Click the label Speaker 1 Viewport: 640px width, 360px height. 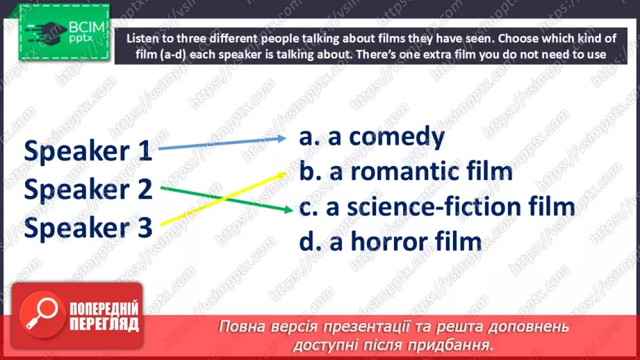coord(88,151)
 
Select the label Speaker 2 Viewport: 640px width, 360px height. coord(88,189)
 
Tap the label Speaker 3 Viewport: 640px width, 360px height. coord(88,227)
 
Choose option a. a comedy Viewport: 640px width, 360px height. coord(372,137)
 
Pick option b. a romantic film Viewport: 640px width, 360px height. coord(406,172)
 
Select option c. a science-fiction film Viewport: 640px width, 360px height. coord(437,206)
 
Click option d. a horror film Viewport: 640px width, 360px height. coord(391,242)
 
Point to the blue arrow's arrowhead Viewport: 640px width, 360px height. coord(281,138)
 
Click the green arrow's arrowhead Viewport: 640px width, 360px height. coord(288,210)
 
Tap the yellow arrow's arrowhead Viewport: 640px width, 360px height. coord(281,174)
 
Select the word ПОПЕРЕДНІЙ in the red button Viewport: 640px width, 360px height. coord(104,309)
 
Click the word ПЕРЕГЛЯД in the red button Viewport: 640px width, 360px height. coord(104,324)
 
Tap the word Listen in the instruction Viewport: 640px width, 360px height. coord(140,38)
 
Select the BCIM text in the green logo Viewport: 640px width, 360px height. coord(87,27)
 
